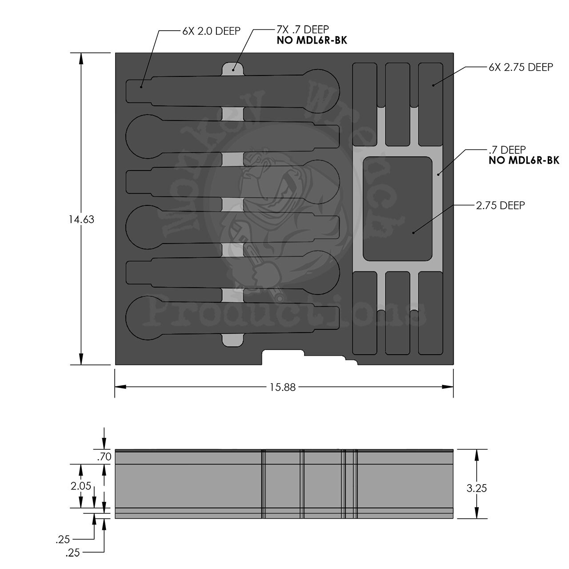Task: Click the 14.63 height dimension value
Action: tap(81, 219)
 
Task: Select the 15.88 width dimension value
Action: tap(282, 387)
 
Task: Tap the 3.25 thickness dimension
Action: tap(477, 488)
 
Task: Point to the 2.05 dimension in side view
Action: tap(81, 486)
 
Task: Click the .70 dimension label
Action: tap(105, 457)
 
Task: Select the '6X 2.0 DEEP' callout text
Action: tap(211, 31)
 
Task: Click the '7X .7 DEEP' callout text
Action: tap(303, 30)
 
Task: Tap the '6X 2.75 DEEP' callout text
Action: tap(521, 67)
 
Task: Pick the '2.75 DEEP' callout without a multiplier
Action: tap(501, 205)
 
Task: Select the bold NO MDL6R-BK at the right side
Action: tap(524, 160)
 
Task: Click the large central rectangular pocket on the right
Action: tap(397, 208)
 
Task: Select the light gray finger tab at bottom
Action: tap(232, 340)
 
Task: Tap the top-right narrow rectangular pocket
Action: tap(430, 104)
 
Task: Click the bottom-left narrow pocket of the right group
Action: tap(365, 313)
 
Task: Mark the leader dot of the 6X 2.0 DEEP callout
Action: tap(141, 87)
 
